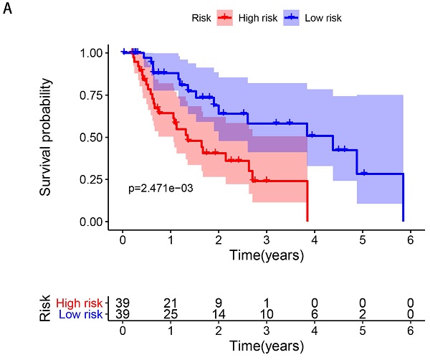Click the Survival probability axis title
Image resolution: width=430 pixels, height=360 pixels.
(47, 137)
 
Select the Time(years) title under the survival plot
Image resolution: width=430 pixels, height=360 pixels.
(267, 255)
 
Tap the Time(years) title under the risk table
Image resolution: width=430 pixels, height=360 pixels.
(267, 346)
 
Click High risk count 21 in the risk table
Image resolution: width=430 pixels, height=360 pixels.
(171, 302)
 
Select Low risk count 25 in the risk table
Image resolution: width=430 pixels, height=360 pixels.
(171, 313)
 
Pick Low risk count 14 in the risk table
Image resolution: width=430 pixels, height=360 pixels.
(219, 313)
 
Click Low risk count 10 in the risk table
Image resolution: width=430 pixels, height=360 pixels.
(267, 313)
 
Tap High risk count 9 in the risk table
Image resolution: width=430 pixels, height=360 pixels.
(219, 302)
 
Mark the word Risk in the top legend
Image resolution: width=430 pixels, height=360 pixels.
(202, 16)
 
